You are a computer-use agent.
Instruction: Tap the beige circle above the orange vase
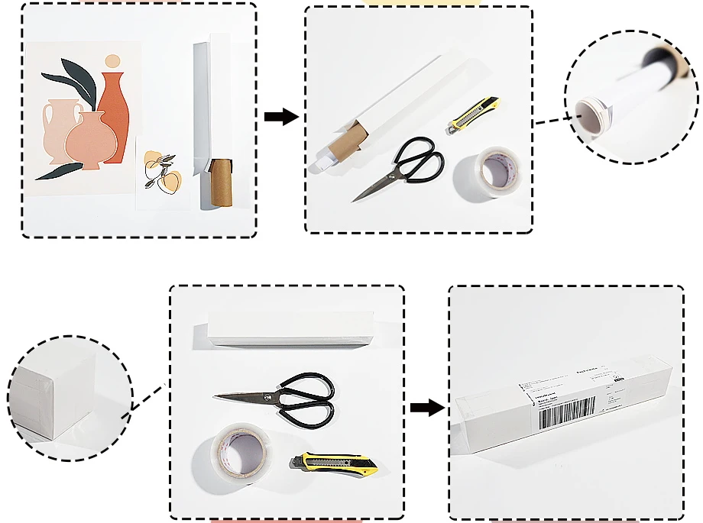pos(112,60)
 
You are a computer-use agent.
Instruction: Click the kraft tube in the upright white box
pos(221,182)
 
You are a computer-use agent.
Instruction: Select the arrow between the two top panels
pos(280,117)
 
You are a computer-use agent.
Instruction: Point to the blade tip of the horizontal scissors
pos(218,396)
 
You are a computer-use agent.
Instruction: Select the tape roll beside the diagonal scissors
pos(487,173)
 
